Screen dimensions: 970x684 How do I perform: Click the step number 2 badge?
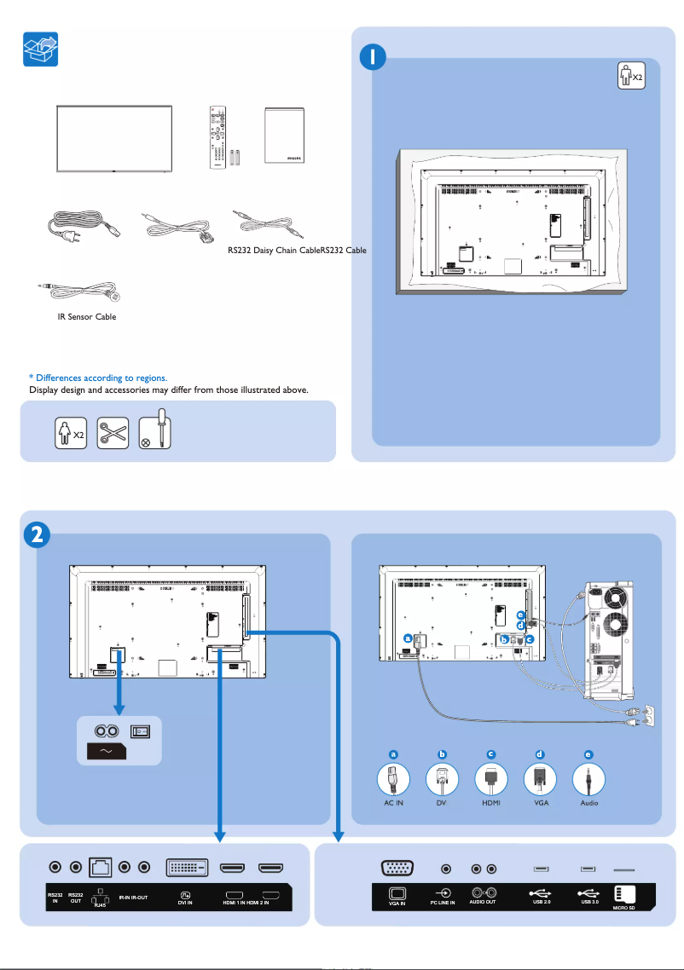coord(33,535)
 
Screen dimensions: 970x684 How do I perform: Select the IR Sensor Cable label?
coord(80,317)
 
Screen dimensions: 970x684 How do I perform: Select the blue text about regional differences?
coord(98,378)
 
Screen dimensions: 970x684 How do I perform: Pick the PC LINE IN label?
coord(443,902)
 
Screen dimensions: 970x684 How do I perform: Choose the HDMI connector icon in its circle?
coord(491,779)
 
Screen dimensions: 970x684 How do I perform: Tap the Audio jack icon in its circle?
coord(589,779)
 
